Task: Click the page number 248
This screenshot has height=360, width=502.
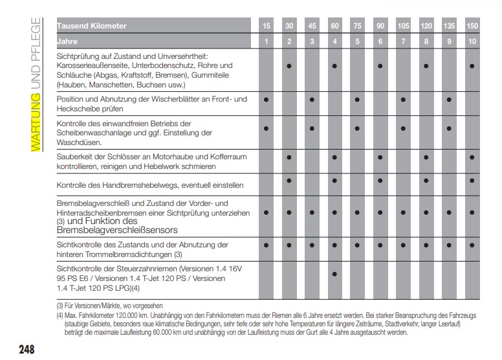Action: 26,350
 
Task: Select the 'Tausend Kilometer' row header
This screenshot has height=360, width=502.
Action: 92,27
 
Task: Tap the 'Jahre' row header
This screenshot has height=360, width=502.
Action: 68,41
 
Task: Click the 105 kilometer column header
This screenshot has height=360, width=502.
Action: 403,27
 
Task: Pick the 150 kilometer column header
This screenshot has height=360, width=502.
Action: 472,27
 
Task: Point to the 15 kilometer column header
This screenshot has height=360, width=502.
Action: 267,27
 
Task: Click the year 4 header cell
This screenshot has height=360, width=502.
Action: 334,42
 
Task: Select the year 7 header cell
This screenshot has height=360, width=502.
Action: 403,42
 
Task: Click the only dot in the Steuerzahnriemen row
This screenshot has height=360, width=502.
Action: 334,274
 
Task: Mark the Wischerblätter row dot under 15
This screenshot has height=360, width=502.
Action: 267,100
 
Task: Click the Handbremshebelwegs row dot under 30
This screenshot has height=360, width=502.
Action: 289,181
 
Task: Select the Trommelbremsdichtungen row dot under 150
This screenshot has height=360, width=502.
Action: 472,245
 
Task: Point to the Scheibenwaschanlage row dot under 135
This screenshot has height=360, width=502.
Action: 449,128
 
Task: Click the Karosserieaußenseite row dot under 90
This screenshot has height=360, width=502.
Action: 380,66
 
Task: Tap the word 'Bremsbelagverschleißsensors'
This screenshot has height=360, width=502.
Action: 116,230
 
